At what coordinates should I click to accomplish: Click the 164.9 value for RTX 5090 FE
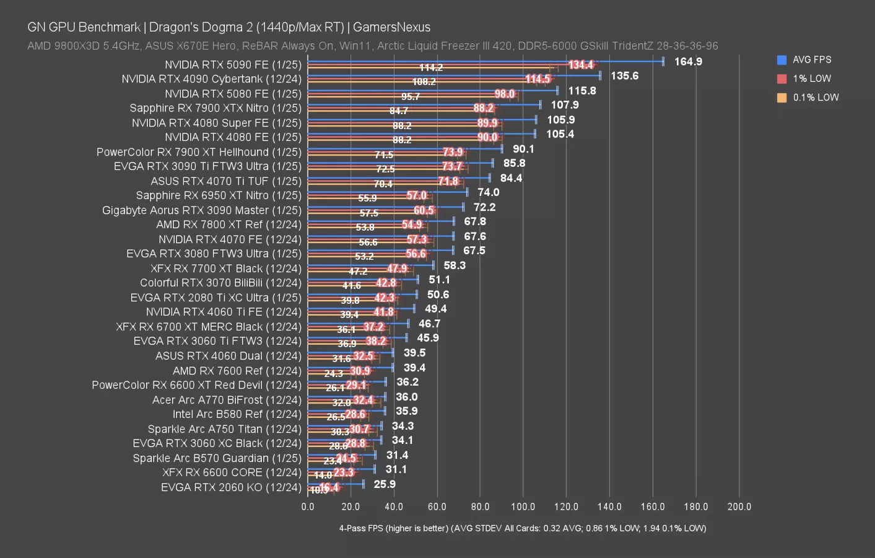[x=687, y=61]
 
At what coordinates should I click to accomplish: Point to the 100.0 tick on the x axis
[x=523, y=507]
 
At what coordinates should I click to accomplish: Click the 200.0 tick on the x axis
[x=739, y=507]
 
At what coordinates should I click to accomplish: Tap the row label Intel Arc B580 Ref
[x=237, y=414]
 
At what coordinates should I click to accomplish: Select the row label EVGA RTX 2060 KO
[x=231, y=487]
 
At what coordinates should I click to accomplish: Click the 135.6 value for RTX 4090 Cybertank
[x=624, y=76]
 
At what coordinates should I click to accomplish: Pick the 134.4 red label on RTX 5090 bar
[x=581, y=65]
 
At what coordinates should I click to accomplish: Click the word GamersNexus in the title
[x=391, y=27]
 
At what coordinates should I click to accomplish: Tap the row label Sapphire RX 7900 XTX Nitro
[x=215, y=108]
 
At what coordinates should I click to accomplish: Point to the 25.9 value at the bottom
[x=385, y=484]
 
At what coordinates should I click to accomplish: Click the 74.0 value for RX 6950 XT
[x=488, y=192]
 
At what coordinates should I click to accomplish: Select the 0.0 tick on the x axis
[x=308, y=507]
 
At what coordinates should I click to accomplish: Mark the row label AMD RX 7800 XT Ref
[x=229, y=224]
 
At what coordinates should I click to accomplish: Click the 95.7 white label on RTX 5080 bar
[x=410, y=97]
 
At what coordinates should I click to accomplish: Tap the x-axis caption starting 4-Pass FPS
[x=522, y=528]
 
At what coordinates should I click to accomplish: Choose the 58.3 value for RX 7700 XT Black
[x=455, y=265]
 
